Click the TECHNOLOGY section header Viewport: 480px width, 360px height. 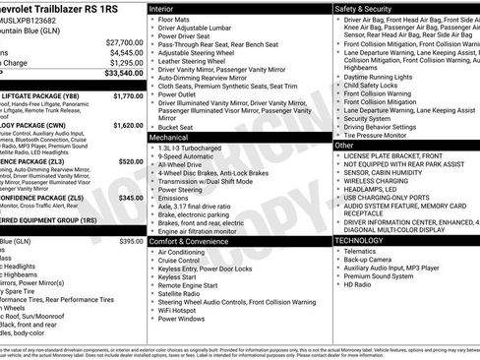(x=360, y=240)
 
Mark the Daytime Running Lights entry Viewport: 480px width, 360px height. (x=384, y=77)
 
